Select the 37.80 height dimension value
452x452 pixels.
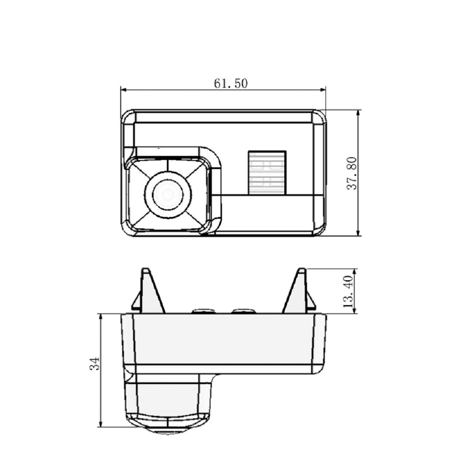pyautogui.click(x=352, y=173)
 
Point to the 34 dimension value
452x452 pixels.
pyautogui.click(x=94, y=363)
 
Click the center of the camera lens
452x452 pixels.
pyautogui.click(x=168, y=195)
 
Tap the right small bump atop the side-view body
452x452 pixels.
pyautogui.click(x=243, y=311)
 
